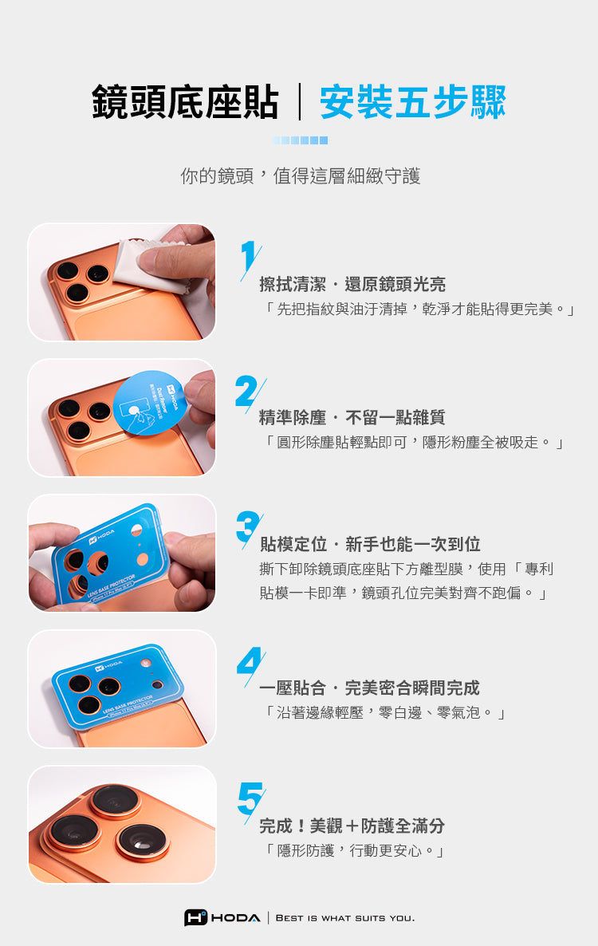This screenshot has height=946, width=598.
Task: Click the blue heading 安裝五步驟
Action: coord(412,102)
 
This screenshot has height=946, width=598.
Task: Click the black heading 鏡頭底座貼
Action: coord(185,102)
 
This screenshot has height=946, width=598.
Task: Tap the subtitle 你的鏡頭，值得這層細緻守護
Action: coord(301,175)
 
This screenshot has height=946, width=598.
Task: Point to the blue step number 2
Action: coord(250,392)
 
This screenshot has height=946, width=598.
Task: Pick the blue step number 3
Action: coord(248,528)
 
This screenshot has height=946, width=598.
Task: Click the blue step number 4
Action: coord(250,665)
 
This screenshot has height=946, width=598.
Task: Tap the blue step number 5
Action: coord(251,801)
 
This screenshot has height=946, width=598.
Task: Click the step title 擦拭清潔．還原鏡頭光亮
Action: coord(352,284)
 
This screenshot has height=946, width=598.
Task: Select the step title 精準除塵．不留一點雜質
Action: coord(352,417)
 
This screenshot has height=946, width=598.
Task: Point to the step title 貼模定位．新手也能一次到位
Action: coord(370,544)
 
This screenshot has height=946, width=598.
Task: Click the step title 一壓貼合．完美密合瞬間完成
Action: coord(369,688)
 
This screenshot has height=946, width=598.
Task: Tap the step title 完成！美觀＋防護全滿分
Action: coord(352,826)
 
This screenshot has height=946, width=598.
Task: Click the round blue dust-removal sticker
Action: coord(148,401)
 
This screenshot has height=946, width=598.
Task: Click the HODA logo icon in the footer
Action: coord(195,917)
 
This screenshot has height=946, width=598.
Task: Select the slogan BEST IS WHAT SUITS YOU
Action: coord(344,918)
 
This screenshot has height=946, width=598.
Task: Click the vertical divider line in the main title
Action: coord(300,102)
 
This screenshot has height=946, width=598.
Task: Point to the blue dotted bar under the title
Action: coord(300,140)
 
